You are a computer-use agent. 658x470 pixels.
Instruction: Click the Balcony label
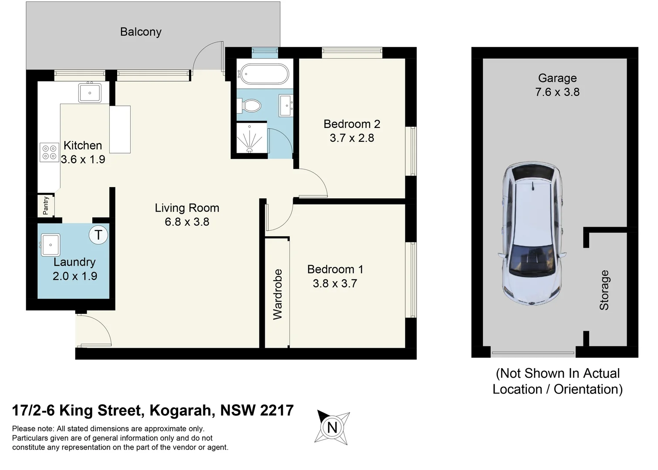point(141,32)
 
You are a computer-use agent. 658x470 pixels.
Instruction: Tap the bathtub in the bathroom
point(264,74)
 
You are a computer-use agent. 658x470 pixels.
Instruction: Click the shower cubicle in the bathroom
point(250,138)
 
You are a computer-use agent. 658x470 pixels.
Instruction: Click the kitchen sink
point(90,93)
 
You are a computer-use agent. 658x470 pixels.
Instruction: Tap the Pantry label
point(46,205)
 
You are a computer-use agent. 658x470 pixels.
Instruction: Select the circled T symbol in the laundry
point(98,235)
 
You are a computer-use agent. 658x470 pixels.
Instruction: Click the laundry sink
point(51,245)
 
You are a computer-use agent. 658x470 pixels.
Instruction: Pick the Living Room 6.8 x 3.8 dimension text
point(187,222)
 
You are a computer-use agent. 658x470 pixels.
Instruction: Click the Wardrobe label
point(277,294)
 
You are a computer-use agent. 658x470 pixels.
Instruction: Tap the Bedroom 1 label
point(335,269)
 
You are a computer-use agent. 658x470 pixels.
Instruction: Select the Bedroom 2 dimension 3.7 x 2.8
point(352,138)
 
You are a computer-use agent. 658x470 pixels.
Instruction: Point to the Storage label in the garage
point(604,290)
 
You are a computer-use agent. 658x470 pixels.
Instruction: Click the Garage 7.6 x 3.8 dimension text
point(557,92)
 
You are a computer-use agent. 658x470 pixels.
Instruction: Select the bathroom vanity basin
point(286,105)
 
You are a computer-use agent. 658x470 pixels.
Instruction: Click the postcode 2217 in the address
point(277,410)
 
